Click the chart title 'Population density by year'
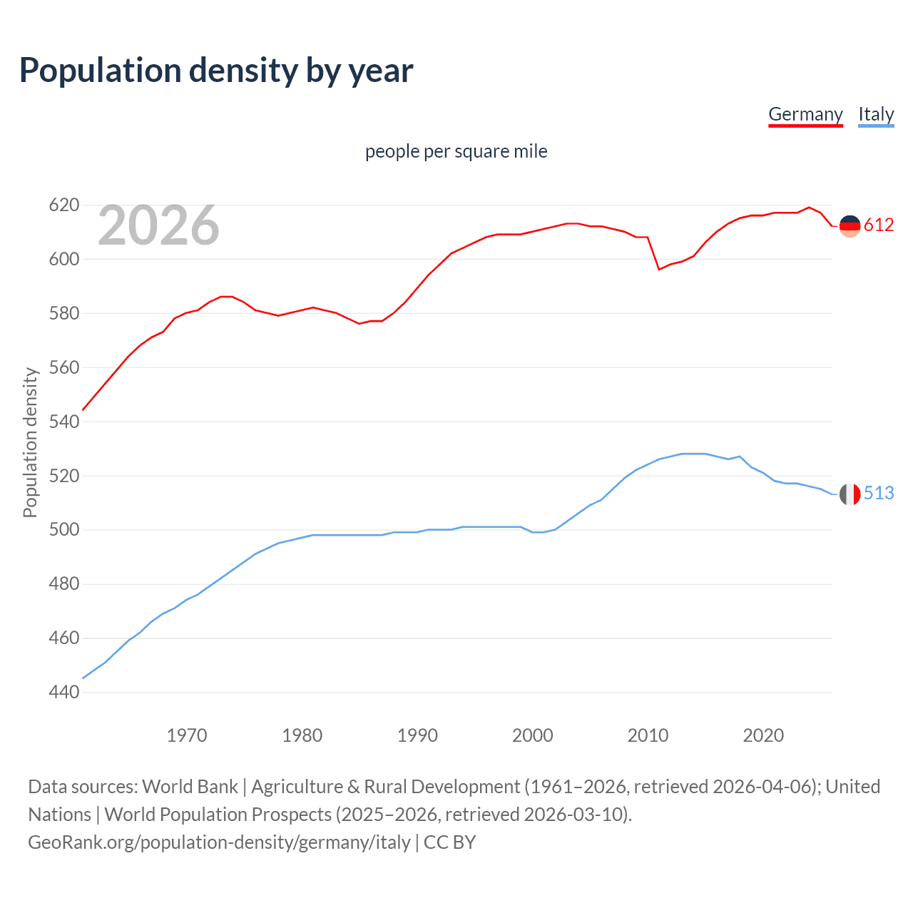pyautogui.click(x=216, y=71)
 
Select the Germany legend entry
pyautogui.click(x=805, y=114)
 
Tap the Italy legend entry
pyautogui.click(x=876, y=114)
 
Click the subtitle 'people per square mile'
pyautogui.click(x=456, y=151)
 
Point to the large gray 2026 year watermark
pyautogui.click(x=158, y=225)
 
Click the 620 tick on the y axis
pyautogui.click(x=63, y=205)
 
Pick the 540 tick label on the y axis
pyautogui.click(x=63, y=422)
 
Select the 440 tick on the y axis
pyautogui.click(x=63, y=692)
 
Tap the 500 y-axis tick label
pyautogui.click(x=63, y=530)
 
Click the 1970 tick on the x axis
pyautogui.click(x=187, y=735)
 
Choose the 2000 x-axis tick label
pyautogui.click(x=532, y=735)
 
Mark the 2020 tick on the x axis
pyautogui.click(x=763, y=735)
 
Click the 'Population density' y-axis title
pyautogui.click(x=30, y=442)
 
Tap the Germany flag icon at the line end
pyautogui.click(x=850, y=226)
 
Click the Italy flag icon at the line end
pyautogui.click(x=850, y=494)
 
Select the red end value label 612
pyautogui.click(x=879, y=225)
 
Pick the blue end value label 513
pyautogui.click(x=879, y=494)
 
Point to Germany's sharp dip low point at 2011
pyautogui.click(x=659, y=269)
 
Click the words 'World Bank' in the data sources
pyautogui.click(x=190, y=787)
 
